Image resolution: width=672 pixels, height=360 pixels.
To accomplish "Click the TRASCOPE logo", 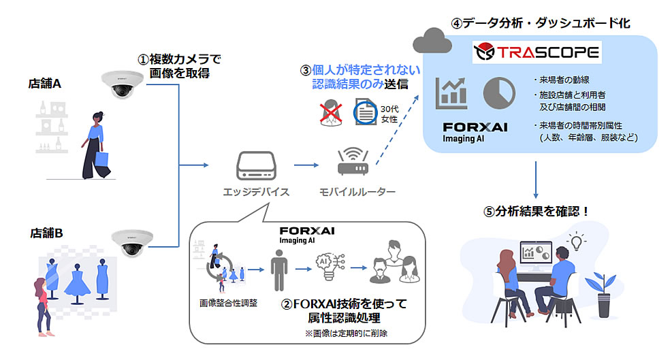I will coord(538,52).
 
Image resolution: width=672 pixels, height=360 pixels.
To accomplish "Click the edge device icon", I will coord(256,165).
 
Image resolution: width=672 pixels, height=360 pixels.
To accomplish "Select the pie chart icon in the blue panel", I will coord(499,94).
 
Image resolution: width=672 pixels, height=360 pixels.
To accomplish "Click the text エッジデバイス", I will coord(257,192).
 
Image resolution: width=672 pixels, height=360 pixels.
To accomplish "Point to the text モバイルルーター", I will coord(357,192).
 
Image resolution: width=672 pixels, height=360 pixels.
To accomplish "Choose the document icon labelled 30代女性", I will coord(366,114).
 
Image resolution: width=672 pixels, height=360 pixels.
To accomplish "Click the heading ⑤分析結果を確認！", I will coord(536,210).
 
